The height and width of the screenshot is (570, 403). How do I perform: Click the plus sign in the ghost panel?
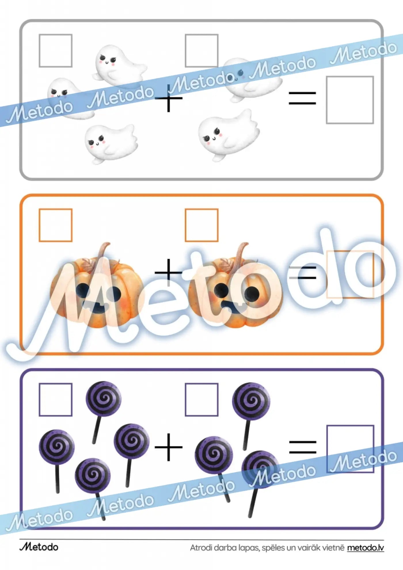169,98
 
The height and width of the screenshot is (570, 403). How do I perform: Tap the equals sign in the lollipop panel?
303,447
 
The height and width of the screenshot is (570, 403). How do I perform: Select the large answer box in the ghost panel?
350,100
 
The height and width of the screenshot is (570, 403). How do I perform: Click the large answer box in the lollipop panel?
350,449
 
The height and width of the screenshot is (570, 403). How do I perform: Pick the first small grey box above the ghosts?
56,51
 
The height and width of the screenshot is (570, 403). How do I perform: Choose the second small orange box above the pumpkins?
201,225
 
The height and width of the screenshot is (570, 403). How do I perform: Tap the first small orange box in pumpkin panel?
56,225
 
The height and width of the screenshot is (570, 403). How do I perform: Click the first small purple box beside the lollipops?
56,400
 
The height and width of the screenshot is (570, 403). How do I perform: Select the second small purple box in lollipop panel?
201,400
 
